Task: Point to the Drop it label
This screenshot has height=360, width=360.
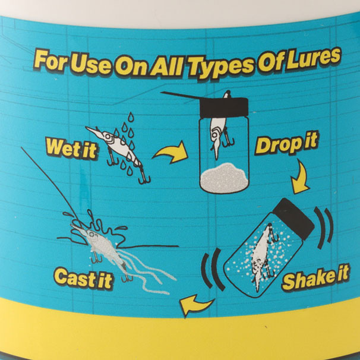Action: (286, 144)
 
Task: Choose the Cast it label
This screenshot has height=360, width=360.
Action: (83, 278)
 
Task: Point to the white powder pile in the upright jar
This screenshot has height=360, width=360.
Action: (225, 178)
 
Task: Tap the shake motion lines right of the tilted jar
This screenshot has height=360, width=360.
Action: (325, 229)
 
